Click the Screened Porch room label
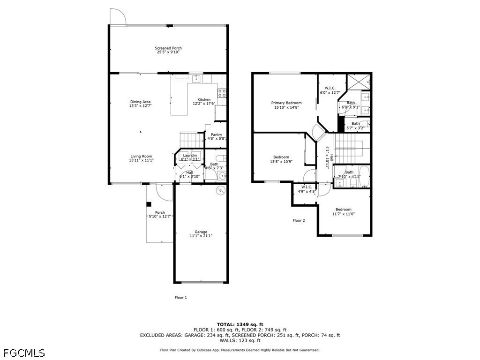coord(168,48)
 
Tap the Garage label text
coord(201,232)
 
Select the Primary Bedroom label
coord(286,103)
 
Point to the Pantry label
coord(217,135)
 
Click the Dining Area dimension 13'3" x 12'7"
coord(141,105)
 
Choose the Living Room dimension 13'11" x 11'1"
coord(141,160)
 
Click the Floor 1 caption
coord(180,297)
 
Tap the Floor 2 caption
coord(299,220)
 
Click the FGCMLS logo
coord(24,352)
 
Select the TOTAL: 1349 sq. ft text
coord(240,324)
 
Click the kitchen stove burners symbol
coord(222,93)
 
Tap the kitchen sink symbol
coord(196,79)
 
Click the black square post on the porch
coord(149,204)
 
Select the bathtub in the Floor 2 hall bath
coord(364,176)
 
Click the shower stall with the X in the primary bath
coord(359,82)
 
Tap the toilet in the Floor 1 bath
coord(220,158)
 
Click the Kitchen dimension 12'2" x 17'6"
coord(204,104)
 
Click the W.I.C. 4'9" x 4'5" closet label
coord(307,189)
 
